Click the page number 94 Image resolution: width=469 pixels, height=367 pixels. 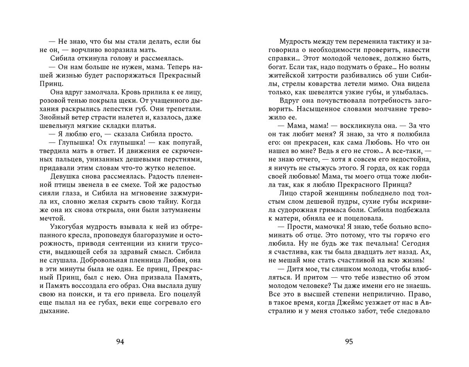pyautogui.click(x=120, y=342)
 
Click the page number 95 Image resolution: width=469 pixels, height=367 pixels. pyautogui.click(x=349, y=342)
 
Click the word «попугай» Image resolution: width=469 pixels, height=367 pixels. pyautogui.click(x=187, y=143)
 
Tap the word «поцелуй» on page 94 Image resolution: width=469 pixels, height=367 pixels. pyautogui.click(x=188, y=294)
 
